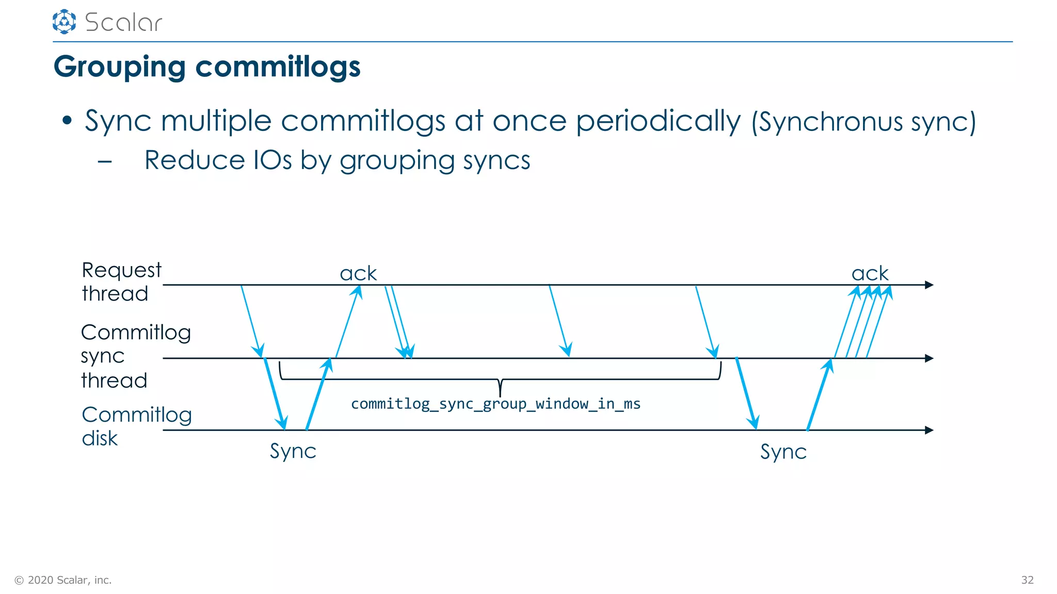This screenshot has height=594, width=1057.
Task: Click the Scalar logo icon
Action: (x=64, y=22)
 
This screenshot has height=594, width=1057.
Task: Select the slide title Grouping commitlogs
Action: (x=207, y=67)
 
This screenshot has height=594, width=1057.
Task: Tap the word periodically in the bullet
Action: (x=658, y=122)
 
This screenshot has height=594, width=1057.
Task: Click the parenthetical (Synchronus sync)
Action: (x=863, y=123)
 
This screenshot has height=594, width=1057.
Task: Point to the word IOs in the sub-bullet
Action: (x=273, y=160)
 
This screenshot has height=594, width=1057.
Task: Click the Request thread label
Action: (x=121, y=282)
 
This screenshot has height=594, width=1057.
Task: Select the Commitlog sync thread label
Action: (x=135, y=356)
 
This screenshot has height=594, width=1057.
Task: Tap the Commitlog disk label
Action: (x=136, y=426)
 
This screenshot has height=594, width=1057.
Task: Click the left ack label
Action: (x=358, y=273)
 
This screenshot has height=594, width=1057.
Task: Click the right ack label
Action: (x=870, y=273)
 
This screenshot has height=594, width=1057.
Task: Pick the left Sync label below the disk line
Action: (x=293, y=451)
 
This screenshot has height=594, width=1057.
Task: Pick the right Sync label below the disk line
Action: (x=783, y=452)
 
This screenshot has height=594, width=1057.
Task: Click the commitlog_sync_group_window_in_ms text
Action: (x=495, y=404)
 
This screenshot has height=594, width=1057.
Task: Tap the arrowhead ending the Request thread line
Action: (x=929, y=285)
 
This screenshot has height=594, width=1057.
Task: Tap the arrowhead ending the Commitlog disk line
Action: (x=929, y=430)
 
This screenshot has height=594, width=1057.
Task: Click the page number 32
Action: (x=1027, y=580)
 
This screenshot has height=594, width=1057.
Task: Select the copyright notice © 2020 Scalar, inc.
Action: (x=63, y=580)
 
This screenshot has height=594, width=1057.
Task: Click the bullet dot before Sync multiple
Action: (x=67, y=121)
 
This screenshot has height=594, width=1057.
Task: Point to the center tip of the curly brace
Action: (x=500, y=395)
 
